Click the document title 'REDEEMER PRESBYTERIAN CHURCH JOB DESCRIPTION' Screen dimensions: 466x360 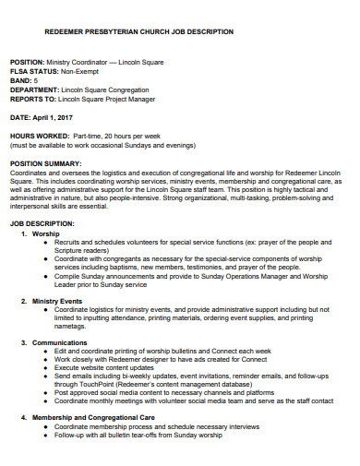coord(126,31)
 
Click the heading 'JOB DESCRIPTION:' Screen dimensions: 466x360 coord(39,224)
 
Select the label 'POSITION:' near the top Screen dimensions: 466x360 coord(28,59)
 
